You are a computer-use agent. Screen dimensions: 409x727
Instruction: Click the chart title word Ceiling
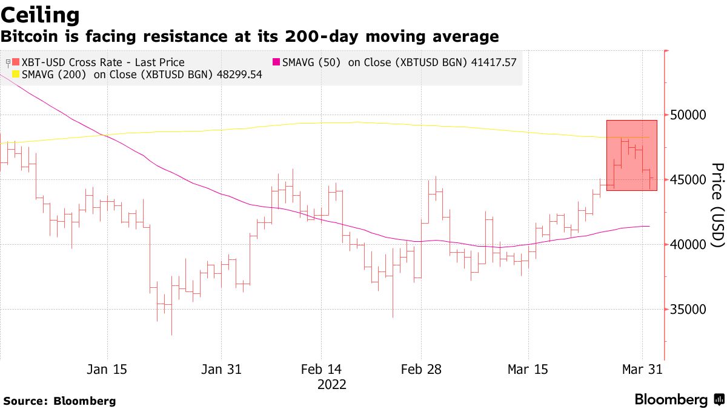pos(40,15)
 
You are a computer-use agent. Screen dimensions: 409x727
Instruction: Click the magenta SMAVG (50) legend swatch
pos(276,62)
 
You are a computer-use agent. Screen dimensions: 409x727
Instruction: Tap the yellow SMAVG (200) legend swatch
pos(16,75)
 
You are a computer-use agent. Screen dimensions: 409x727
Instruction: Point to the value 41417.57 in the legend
pos(493,62)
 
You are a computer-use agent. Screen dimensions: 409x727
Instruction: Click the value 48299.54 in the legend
pos(241,75)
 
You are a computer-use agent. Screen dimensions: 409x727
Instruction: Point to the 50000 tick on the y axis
pos(689,115)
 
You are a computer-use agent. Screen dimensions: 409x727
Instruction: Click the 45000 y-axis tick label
pos(689,180)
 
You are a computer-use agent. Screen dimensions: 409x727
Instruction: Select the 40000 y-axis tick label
pos(689,245)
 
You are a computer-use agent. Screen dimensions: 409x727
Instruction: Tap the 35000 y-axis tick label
pos(689,310)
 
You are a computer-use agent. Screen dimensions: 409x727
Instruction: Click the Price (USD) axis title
pos(717,205)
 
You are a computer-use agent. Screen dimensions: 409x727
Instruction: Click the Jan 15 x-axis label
pos(108,370)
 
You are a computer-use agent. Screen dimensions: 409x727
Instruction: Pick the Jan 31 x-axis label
pos(221,370)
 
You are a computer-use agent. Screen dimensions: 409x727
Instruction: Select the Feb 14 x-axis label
pos(321,370)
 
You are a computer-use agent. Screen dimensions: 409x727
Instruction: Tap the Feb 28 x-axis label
pos(422,370)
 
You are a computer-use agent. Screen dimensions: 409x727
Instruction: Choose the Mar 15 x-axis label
pos(528,370)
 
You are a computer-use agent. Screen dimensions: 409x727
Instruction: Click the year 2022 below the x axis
pos(331,384)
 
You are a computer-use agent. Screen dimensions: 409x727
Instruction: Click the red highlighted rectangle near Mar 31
pos(631,155)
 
